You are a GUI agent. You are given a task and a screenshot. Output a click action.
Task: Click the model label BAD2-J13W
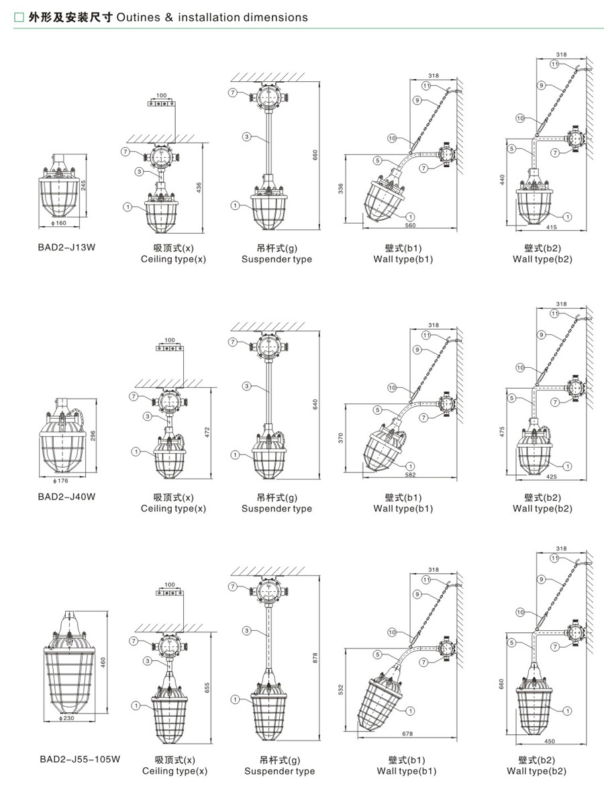(x=66, y=247)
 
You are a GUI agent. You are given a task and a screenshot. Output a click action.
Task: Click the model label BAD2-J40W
(x=66, y=497)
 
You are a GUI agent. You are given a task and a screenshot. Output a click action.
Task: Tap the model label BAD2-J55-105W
(x=79, y=760)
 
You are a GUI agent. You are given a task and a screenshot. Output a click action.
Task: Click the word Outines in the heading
(x=136, y=17)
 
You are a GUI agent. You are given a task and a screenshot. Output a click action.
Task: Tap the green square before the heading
(x=19, y=17)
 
